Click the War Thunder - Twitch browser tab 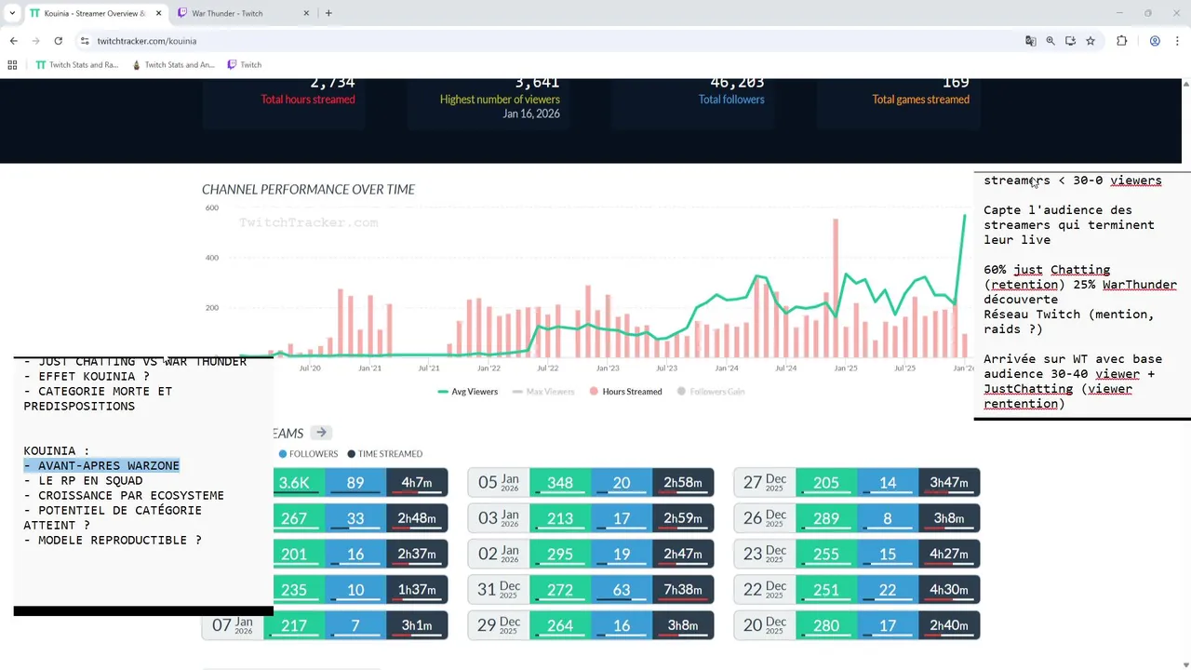tap(227, 13)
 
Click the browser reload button tap(58, 41)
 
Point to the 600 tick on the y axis tap(212, 208)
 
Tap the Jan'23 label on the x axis tap(607, 368)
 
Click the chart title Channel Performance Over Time tap(308, 189)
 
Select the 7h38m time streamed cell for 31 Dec tap(682, 589)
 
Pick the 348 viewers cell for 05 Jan tap(560, 482)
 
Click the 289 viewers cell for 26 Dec tap(825, 517)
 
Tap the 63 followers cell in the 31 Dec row tap(621, 589)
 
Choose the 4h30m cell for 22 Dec tap(948, 589)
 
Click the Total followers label tap(731, 100)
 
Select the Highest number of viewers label tap(500, 100)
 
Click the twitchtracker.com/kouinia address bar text tap(147, 41)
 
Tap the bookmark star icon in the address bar tap(1091, 41)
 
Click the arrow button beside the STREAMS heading tap(321, 433)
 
